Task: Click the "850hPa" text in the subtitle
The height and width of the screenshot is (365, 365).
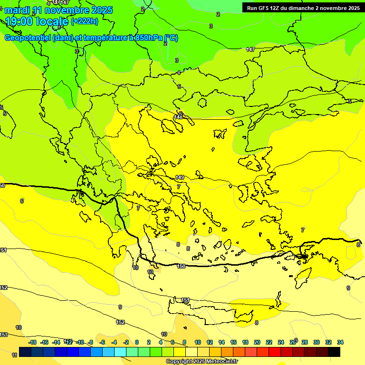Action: pyautogui.click(x=147, y=38)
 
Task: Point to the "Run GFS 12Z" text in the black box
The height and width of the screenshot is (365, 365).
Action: pyautogui.click(x=263, y=8)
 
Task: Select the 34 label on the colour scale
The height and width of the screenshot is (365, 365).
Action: pyautogui.click(x=340, y=342)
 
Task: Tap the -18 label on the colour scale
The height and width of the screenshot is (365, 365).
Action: pyautogui.click(x=32, y=342)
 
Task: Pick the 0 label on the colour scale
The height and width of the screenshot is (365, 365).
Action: pyautogui.click(x=137, y=342)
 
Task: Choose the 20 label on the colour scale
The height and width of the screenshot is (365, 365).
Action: pyautogui.click(x=257, y=342)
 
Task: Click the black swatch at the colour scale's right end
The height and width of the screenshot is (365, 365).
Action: pyautogui.click(x=334, y=352)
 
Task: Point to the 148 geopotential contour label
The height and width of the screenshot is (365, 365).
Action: pyautogui.click(x=178, y=117)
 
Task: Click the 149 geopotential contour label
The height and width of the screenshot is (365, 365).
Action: pyautogui.click(x=180, y=177)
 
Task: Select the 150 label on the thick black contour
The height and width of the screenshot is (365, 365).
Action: pyautogui.click(x=181, y=267)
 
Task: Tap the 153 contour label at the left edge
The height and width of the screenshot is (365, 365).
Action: pyautogui.click(x=4, y=335)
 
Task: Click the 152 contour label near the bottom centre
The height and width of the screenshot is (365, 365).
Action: pyautogui.click(x=120, y=322)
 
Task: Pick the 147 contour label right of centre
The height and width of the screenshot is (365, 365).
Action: pyautogui.click(x=250, y=50)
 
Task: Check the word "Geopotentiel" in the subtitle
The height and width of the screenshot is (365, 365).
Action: pyautogui.click(x=27, y=38)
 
